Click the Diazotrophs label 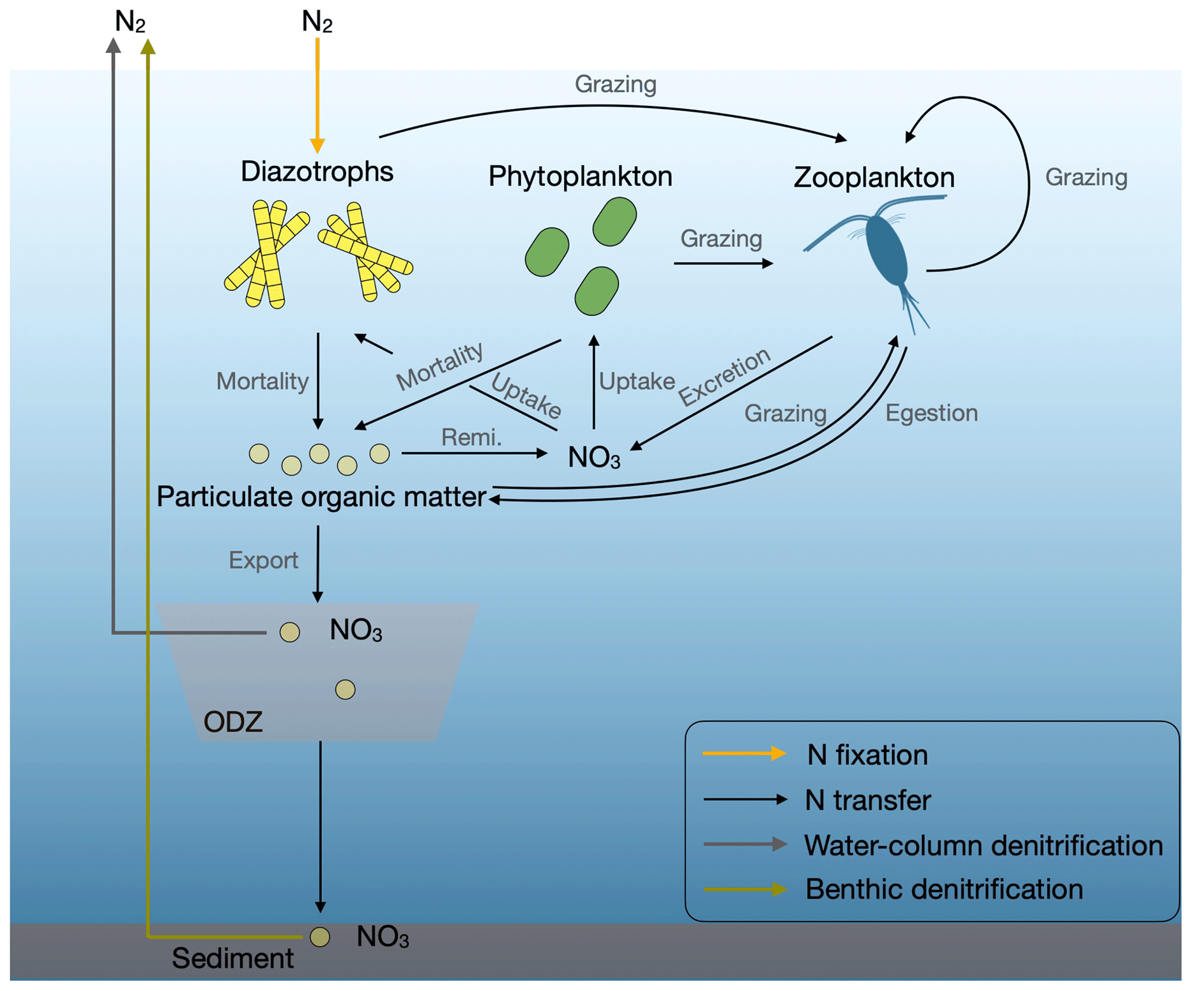tap(317, 172)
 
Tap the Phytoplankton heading tap(580, 176)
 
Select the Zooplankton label tap(874, 178)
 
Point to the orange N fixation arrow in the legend tap(743, 753)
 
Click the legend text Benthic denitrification tap(943, 889)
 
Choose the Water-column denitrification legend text tap(983, 845)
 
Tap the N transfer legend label tap(867, 800)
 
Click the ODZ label tap(233, 722)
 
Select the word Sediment tap(232, 958)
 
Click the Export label tap(264, 560)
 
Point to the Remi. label tap(471, 438)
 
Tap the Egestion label tap(931, 413)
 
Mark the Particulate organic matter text tap(321, 497)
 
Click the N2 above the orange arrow tap(317, 22)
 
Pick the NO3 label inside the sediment tap(383, 937)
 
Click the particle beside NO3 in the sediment tap(319, 937)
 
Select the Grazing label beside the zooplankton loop tap(1086, 178)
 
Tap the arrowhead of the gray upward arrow tap(114, 46)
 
